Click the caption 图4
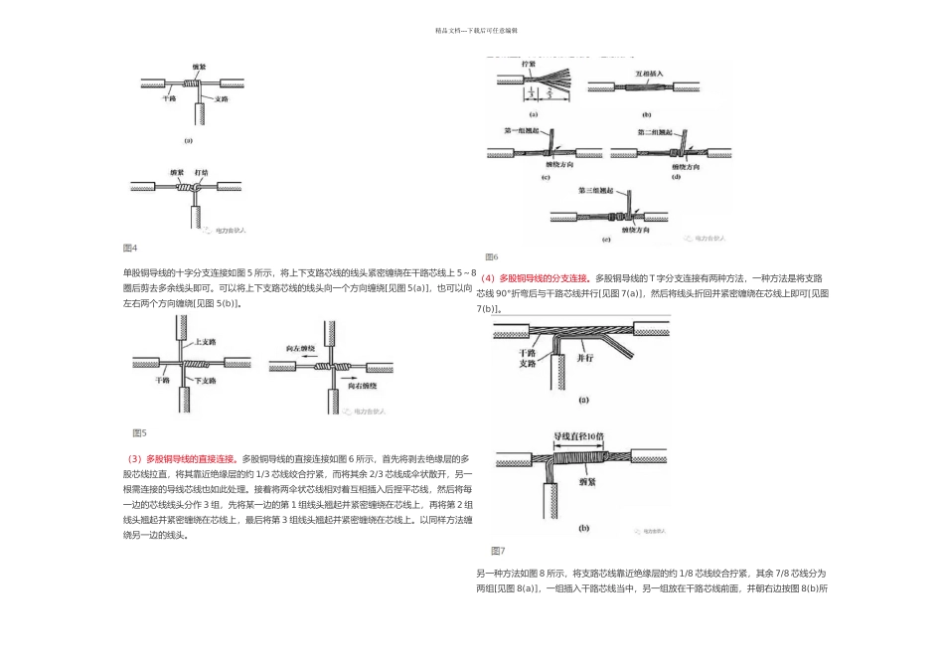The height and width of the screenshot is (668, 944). coord(129,248)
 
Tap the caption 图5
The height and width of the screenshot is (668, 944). coord(139,432)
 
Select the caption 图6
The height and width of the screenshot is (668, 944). coord(492,256)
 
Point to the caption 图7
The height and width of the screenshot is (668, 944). coord(498,550)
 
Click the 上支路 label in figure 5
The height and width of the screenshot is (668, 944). coord(206,342)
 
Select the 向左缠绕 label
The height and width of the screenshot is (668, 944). coord(300,350)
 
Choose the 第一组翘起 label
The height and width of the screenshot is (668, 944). coord(523,130)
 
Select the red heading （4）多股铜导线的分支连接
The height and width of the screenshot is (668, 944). coord(535,278)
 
